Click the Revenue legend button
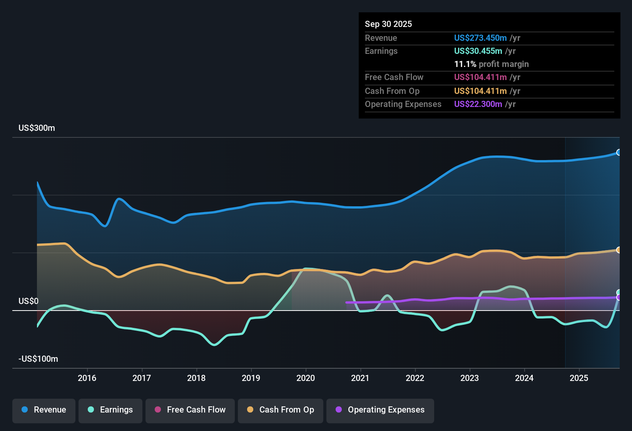44,410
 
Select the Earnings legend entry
110,410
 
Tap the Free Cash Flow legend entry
190,410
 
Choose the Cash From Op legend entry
281,410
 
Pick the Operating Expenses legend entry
380,410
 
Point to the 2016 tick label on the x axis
87,378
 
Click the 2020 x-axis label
306,378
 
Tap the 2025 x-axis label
579,378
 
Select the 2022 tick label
415,378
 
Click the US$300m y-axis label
37,128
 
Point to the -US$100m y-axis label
38,359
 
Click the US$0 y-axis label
28,301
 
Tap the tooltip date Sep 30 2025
388,24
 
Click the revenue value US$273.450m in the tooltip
480,38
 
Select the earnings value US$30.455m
478,51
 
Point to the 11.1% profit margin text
492,64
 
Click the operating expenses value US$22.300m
478,104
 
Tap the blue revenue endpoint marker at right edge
619,152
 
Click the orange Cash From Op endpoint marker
619,250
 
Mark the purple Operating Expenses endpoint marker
619,297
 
